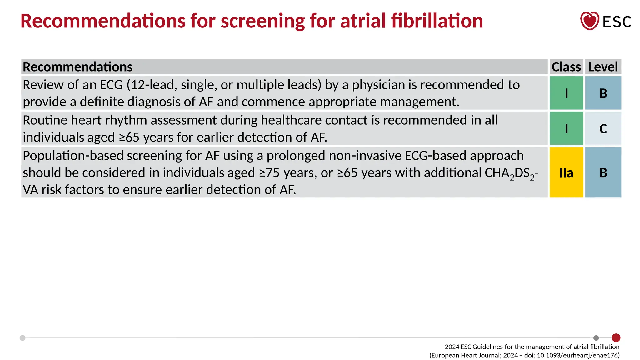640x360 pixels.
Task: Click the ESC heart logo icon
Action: (589, 21)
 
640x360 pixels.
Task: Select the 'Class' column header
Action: (566, 67)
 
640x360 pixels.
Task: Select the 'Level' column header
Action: (603, 67)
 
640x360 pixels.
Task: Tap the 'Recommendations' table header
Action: (78, 67)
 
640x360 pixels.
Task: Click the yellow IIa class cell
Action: (566, 172)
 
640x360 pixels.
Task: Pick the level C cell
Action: (603, 128)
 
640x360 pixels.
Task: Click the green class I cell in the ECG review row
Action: (566, 93)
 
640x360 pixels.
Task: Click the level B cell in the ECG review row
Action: (603, 93)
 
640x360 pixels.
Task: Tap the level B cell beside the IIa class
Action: (603, 172)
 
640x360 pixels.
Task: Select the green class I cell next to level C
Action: (566, 128)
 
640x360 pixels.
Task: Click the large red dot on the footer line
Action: (616, 338)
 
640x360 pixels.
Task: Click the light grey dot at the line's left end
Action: (22, 338)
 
